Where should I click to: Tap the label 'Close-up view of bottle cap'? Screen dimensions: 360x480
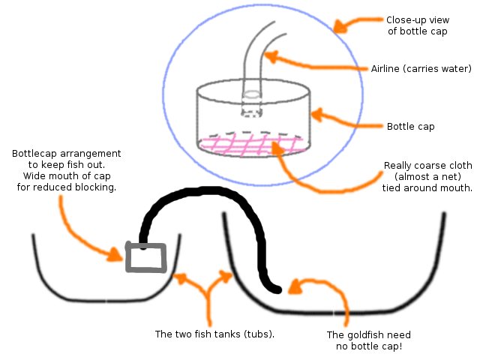point(417,26)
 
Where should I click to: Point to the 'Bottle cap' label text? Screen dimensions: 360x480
point(410,126)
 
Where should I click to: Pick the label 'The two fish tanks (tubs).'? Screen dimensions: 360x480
point(214,334)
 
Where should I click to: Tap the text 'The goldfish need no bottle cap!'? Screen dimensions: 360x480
point(369,341)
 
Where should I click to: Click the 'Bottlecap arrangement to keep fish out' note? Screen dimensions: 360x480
point(66,171)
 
